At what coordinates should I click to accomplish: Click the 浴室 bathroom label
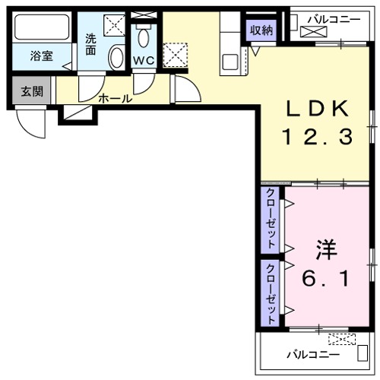(41, 56)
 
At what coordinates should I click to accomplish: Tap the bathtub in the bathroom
(42, 29)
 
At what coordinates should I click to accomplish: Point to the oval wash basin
(116, 56)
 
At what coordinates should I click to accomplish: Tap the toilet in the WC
(142, 37)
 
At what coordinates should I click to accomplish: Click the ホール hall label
(115, 98)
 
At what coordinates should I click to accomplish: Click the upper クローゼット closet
(271, 220)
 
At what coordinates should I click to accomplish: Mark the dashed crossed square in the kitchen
(176, 54)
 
